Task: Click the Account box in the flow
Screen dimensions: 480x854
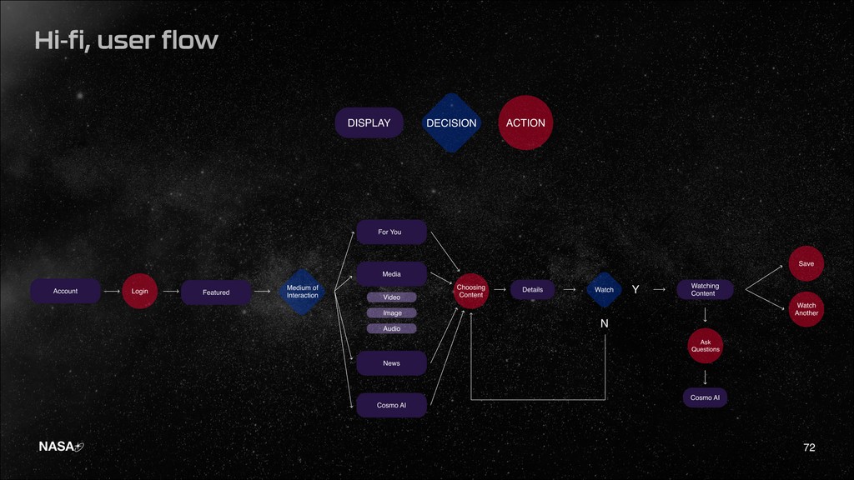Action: pos(65,291)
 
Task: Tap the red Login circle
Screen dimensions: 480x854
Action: pos(139,291)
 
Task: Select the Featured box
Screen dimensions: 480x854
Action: pos(216,292)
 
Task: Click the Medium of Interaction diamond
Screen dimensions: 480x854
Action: pos(303,292)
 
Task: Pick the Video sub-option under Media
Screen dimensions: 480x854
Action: pos(391,297)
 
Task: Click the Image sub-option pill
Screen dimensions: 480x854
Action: pos(391,313)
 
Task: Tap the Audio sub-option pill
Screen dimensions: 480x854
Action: pos(391,328)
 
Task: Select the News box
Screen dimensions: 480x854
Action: pos(391,363)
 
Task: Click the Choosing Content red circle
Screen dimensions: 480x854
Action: pos(471,291)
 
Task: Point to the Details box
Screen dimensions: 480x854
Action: pos(532,290)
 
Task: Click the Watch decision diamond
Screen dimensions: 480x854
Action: pos(604,290)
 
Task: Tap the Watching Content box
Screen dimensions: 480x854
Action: pos(704,289)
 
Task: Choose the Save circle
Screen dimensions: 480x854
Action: pos(806,263)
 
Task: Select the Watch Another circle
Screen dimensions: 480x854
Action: pos(806,309)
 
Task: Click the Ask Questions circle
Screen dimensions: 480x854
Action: pos(705,346)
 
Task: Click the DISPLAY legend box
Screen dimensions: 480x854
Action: pos(369,122)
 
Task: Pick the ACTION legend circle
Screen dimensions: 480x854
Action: pos(525,122)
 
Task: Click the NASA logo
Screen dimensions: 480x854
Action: pos(61,447)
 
